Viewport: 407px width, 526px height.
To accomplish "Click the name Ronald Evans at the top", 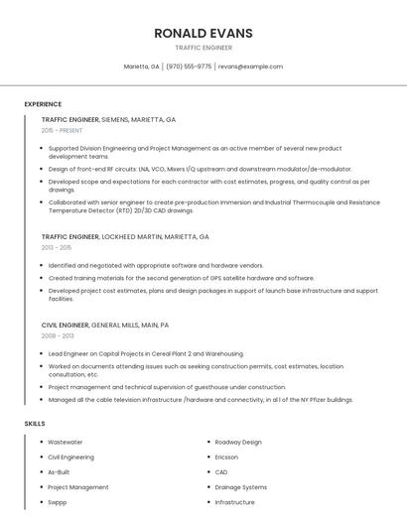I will click(203, 33).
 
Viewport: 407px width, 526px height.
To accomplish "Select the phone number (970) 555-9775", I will click(189, 66).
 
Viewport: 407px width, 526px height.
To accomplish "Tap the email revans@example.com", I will click(250, 66).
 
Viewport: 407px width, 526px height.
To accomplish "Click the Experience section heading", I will click(43, 104).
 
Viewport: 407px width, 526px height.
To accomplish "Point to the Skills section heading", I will click(35, 424).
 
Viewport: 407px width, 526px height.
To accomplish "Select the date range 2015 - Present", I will click(62, 130).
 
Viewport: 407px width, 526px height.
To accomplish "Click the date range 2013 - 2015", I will click(57, 248).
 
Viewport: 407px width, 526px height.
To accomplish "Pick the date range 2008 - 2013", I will click(57, 335).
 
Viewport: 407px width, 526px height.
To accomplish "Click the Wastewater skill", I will click(66, 442).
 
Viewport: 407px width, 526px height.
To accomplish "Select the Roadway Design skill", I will click(238, 442).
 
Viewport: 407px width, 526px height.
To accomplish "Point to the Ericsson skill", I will click(227, 457).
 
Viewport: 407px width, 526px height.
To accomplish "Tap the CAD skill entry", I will click(221, 472).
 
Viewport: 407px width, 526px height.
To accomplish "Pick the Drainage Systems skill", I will click(241, 487).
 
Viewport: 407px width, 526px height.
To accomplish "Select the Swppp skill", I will click(58, 502).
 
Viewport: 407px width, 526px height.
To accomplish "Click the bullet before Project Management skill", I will click(42, 487).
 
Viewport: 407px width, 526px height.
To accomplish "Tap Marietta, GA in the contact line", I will click(141, 66).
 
